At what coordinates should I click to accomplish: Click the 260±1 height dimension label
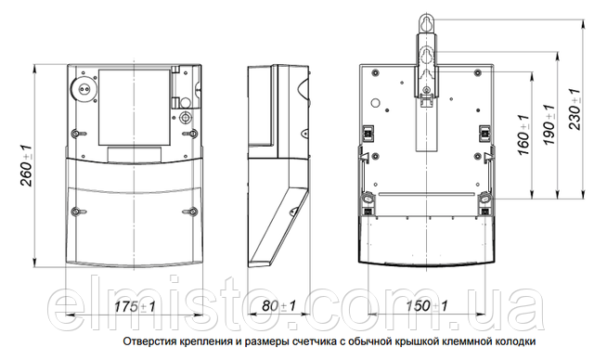pyautogui.click(x=27, y=164)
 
